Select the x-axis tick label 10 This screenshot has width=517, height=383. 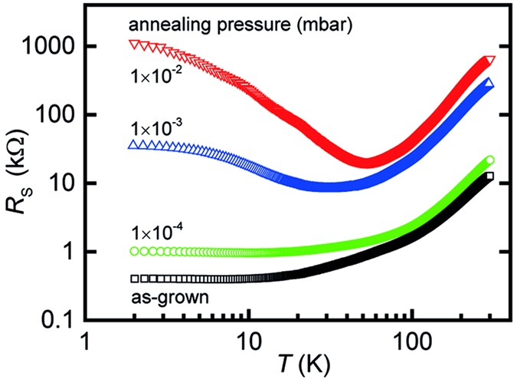tap(248, 338)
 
